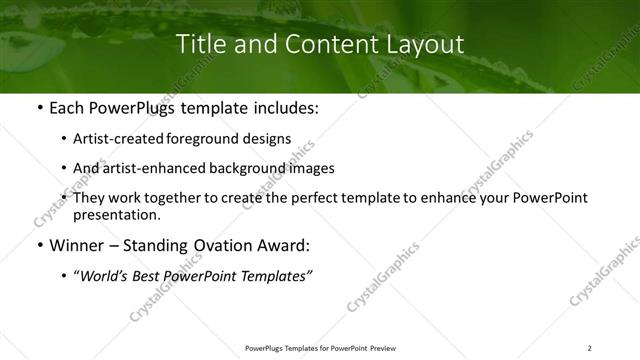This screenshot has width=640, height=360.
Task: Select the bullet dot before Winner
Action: tap(37, 245)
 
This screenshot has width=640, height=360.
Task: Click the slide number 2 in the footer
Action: tap(589, 348)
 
